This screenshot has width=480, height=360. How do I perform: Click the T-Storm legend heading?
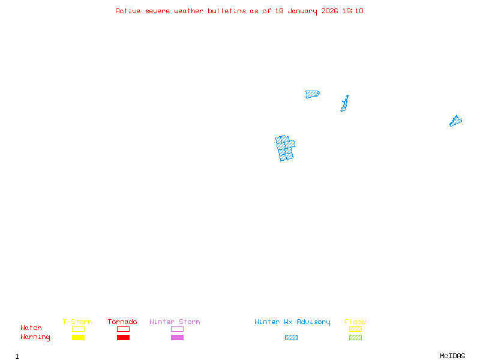[x=77, y=322]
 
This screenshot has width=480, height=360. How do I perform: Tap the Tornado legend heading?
[x=122, y=322]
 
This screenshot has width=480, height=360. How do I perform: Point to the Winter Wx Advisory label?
[x=292, y=322]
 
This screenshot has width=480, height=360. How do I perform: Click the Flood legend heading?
[x=355, y=322]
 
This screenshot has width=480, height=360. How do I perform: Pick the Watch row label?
[x=31, y=328]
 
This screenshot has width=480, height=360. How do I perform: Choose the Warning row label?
[x=35, y=337]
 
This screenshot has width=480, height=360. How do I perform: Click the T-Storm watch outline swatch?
[x=78, y=329]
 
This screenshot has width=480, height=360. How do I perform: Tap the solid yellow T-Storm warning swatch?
[x=78, y=338]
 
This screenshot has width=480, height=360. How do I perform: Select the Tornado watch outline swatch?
[x=123, y=329]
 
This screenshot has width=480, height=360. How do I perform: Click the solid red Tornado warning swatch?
[x=123, y=338]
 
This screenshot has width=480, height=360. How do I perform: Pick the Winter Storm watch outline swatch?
[x=177, y=329]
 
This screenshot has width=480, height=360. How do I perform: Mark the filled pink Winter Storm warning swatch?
[x=177, y=338]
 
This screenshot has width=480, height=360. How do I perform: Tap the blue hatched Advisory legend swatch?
[x=291, y=338]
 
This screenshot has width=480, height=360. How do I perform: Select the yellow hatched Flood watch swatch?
[x=355, y=329]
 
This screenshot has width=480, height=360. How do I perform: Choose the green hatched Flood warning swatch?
[x=355, y=338]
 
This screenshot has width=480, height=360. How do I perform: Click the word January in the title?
[x=304, y=11]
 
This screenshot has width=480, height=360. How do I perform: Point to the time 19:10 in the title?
[x=353, y=11]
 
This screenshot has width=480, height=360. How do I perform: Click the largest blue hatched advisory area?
[x=286, y=148]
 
